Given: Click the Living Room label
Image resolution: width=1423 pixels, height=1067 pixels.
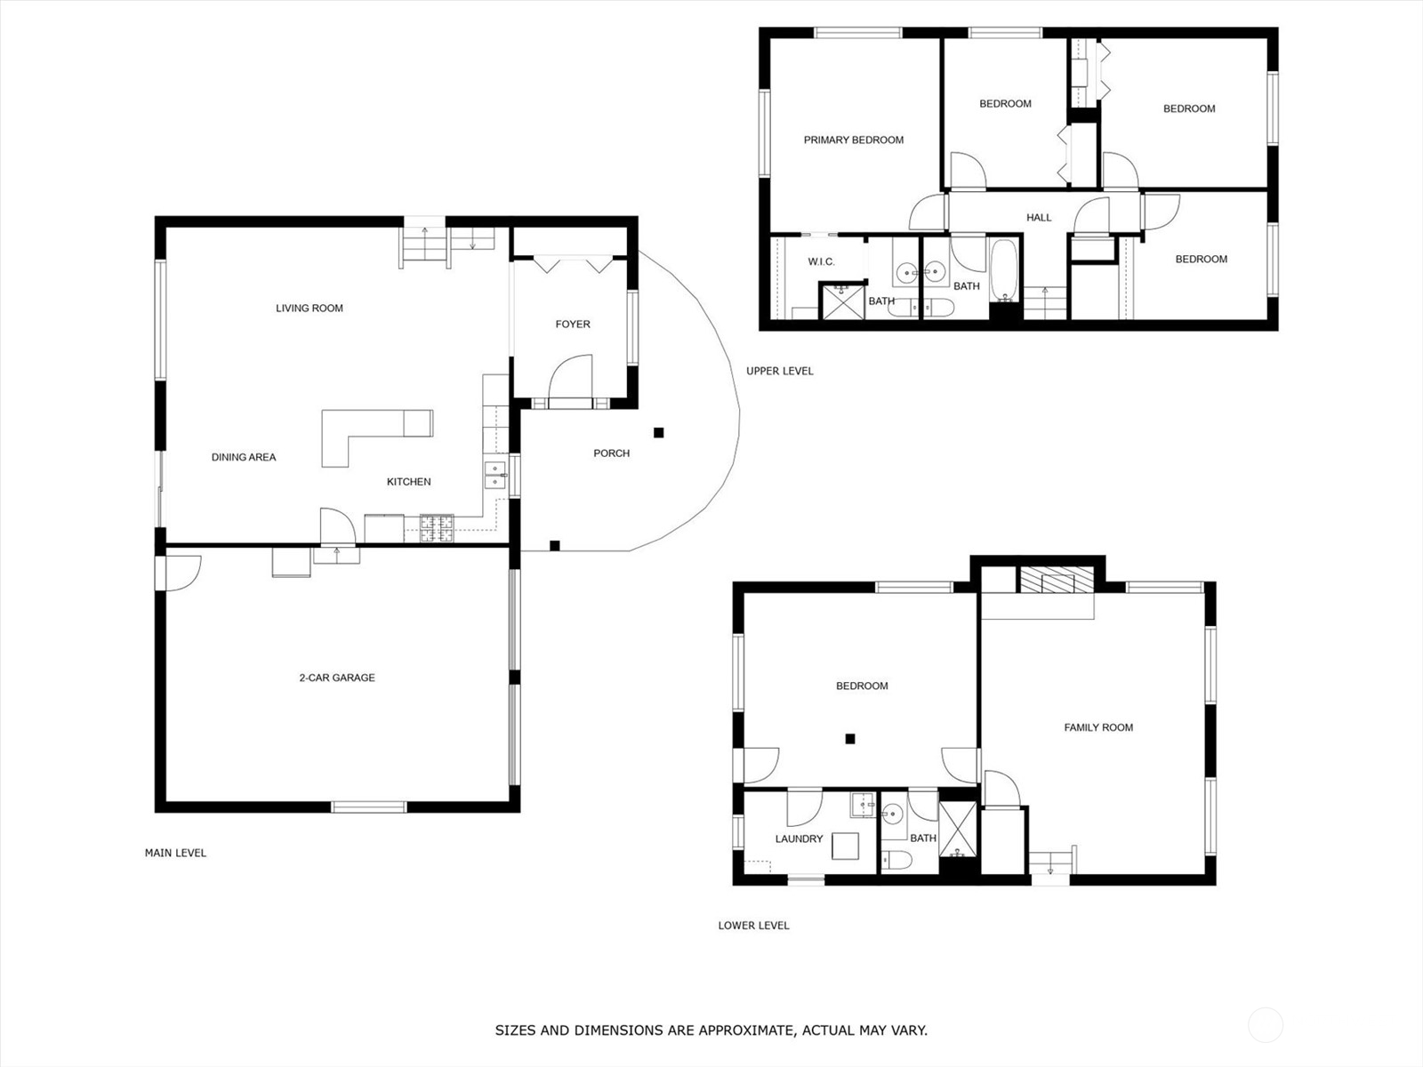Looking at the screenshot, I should (309, 309).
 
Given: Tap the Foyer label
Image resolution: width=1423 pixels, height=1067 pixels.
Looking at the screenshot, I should (573, 325).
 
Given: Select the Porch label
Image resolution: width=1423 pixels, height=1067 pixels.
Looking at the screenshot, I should (611, 453).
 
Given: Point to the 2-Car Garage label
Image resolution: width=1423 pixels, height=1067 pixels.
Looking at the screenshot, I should (336, 678).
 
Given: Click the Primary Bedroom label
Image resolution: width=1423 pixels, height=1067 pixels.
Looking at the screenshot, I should (853, 140).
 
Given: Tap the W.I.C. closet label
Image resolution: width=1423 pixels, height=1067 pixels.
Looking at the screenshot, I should (821, 261).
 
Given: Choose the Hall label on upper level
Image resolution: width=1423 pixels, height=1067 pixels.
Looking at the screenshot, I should (1038, 218).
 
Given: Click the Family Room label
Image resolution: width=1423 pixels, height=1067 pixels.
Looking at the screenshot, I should (1098, 727).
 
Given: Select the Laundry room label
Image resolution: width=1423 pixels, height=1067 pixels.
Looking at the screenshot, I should (799, 838).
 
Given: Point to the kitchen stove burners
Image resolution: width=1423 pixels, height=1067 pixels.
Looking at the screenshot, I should (437, 528).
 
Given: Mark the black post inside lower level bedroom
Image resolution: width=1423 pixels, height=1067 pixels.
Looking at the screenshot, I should (850, 738).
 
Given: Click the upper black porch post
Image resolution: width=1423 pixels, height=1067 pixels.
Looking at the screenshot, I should (659, 433).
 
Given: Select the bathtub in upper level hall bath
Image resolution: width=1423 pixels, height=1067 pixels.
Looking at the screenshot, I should (1006, 271).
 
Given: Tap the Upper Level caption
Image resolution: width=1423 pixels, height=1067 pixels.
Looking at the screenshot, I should (779, 371).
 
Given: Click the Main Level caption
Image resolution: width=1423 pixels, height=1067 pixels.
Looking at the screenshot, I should (175, 853).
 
